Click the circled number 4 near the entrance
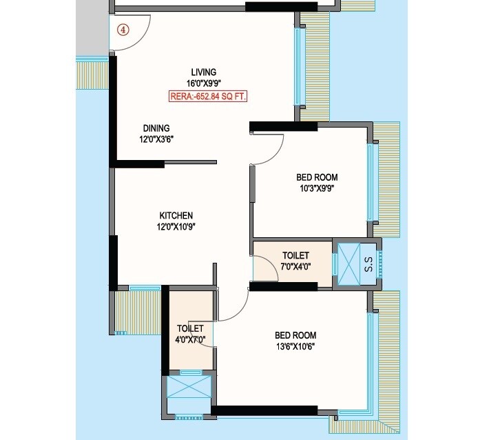pyautogui.click(x=123, y=29)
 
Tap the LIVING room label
pyautogui.click(x=204, y=72)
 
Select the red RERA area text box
pyautogui.click(x=207, y=97)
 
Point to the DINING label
pyautogui.click(x=156, y=128)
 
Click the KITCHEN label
pyautogui.click(x=176, y=215)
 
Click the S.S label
pyautogui.click(x=368, y=262)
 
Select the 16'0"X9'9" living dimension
pyautogui.click(x=204, y=83)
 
